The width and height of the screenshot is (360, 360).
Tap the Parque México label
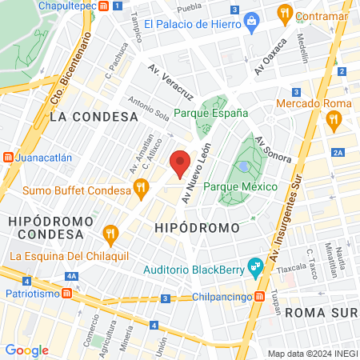coord(241,186)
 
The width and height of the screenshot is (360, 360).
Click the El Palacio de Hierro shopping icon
coord(250,18)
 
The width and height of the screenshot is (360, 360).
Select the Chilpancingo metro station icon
coord(260,298)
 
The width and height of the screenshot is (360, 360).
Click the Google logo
coord(26,350)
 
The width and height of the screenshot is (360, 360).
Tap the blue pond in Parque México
coord(243,166)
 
